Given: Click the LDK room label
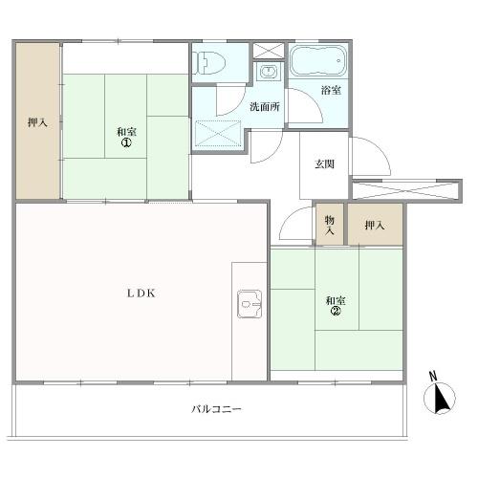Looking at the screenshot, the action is [x=141, y=293].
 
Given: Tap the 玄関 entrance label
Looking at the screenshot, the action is [x=324, y=164].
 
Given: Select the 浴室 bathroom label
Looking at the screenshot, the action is [x=331, y=90].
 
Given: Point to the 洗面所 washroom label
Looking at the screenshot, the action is [x=265, y=106].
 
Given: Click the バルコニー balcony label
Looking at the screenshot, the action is [x=216, y=409].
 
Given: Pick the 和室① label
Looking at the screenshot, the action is [x=126, y=137].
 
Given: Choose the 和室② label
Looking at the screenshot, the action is [x=336, y=305].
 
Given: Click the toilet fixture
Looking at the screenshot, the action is [x=211, y=63].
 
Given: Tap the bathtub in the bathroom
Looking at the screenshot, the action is [x=319, y=61].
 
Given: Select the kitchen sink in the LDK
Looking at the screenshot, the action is [x=250, y=304].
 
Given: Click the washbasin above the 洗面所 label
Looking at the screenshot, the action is [x=270, y=72].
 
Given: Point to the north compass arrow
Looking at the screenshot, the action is [x=442, y=399].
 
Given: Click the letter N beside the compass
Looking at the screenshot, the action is [x=433, y=377].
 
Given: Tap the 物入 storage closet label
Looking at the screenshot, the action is [x=330, y=225].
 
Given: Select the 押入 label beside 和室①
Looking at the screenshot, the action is [x=37, y=122].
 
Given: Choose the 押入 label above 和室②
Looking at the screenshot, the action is [x=375, y=226].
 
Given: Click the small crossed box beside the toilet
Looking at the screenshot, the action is [x=269, y=51].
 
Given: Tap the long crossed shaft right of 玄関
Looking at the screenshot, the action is [x=405, y=191].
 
